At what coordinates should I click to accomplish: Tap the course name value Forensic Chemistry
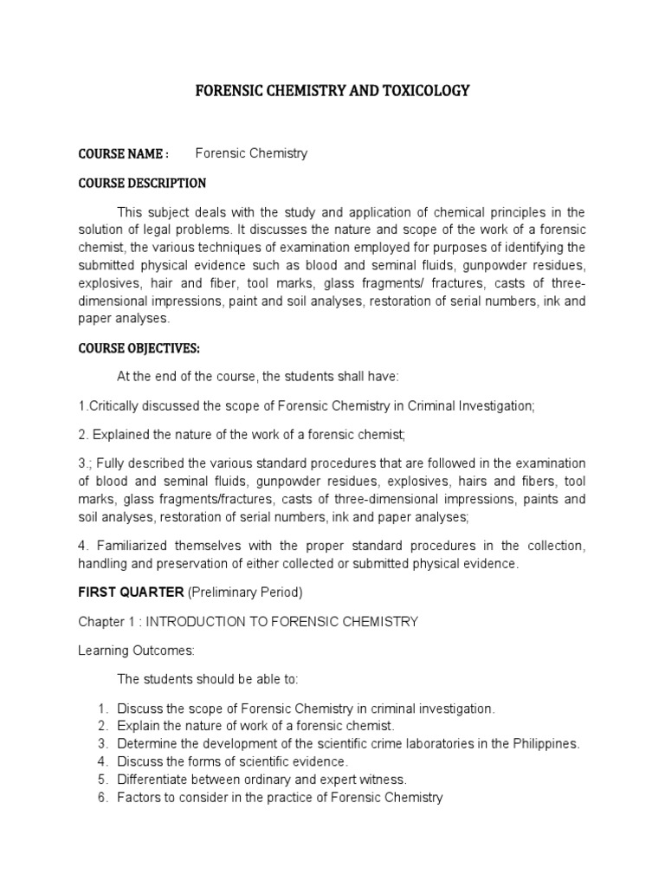coord(251,153)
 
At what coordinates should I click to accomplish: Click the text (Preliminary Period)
coord(243,592)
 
